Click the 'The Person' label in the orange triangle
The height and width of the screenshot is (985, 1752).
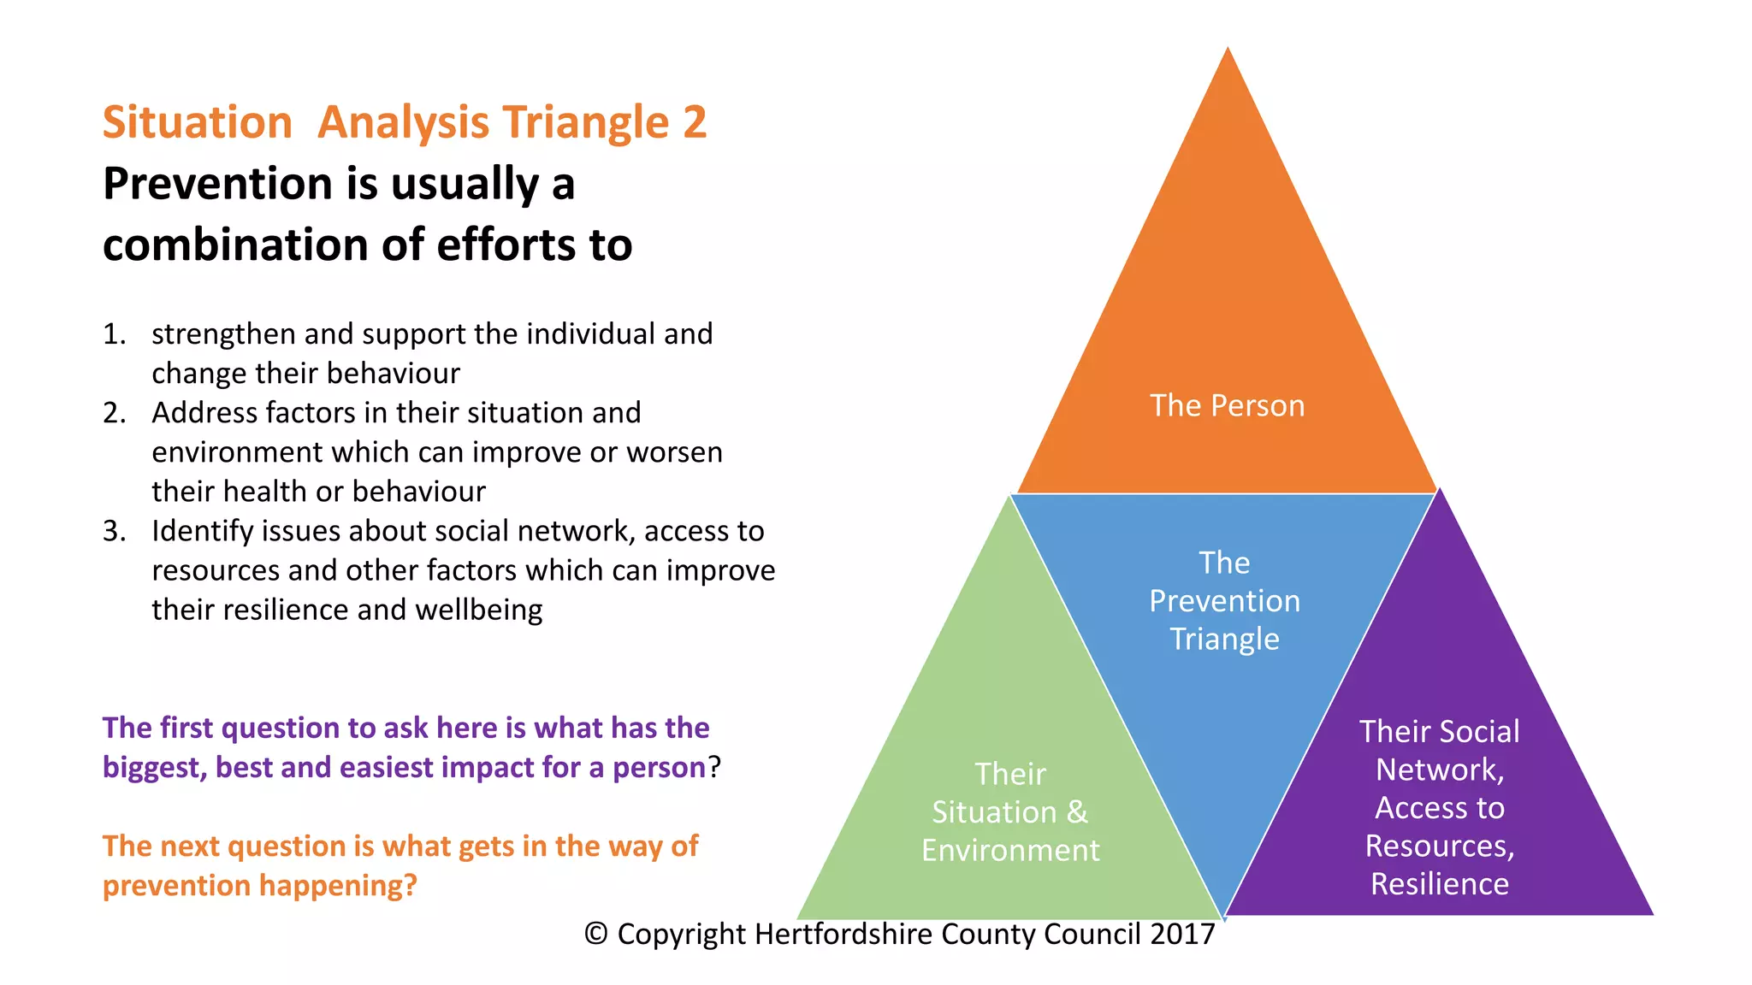click(x=1227, y=405)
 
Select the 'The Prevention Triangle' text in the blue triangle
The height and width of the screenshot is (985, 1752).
click(x=1224, y=600)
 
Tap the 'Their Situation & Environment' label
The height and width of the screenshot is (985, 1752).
click(x=1010, y=811)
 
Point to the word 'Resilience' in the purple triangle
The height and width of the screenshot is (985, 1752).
click(x=1440, y=883)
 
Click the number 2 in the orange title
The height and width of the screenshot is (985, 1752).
click(x=695, y=122)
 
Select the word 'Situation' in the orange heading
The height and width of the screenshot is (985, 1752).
click(x=198, y=122)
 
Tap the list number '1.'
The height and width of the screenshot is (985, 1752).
click(x=114, y=334)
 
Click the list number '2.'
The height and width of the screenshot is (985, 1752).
click(x=114, y=413)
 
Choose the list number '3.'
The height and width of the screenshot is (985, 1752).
click(x=114, y=531)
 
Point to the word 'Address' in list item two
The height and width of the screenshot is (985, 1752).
click(x=204, y=413)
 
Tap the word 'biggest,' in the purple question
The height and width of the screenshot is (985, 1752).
click(x=155, y=767)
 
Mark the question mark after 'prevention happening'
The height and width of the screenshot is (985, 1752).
click(x=410, y=885)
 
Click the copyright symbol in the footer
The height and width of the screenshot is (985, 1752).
click(x=595, y=934)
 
